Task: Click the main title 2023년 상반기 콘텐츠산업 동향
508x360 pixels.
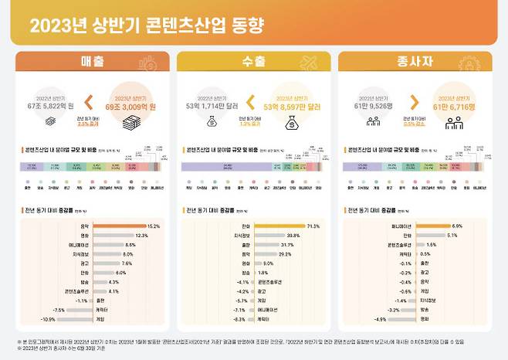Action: click(147, 26)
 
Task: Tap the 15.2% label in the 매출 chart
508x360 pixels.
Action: click(152, 226)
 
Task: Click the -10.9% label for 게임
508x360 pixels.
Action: click(47, 318)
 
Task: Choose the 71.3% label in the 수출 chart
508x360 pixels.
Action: click(313, 226)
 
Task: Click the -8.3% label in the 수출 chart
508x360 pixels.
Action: click(241, 318)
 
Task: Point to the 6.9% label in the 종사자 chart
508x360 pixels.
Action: click(457, 226)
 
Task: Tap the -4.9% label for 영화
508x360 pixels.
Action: click(380, 318)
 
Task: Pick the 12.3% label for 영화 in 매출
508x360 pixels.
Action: click(141, 235)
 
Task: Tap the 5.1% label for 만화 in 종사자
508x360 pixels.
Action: click(452, 235)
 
